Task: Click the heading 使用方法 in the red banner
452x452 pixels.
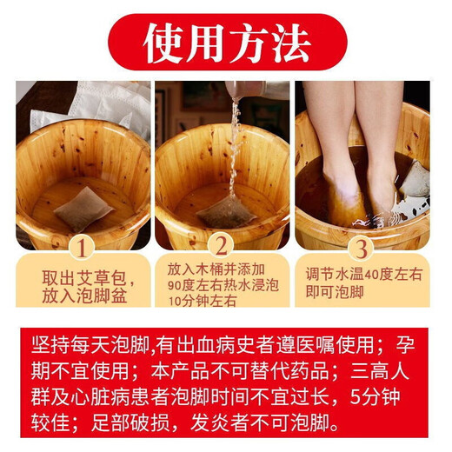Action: tap(225, 41)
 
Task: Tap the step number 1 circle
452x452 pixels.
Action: tap(83, 249)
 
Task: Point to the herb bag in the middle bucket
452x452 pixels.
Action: tap(225, 211)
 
